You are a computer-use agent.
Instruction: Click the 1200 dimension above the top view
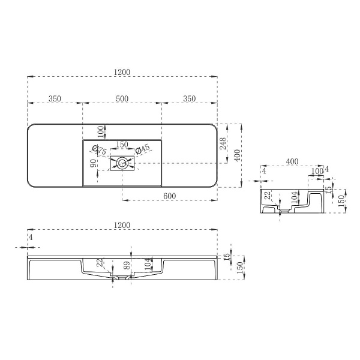122,73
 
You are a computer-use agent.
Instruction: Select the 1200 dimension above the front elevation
122,225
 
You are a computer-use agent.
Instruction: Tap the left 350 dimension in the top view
55,98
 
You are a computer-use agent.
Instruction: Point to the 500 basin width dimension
122,98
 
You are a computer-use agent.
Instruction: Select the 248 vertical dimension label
223,143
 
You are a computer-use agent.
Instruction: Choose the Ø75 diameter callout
99,151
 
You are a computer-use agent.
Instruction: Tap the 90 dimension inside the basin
93,163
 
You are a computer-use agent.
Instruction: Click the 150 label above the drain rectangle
122,145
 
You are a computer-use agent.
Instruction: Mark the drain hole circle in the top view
122,162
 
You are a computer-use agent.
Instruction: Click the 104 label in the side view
293,197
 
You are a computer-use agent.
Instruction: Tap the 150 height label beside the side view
341,199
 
